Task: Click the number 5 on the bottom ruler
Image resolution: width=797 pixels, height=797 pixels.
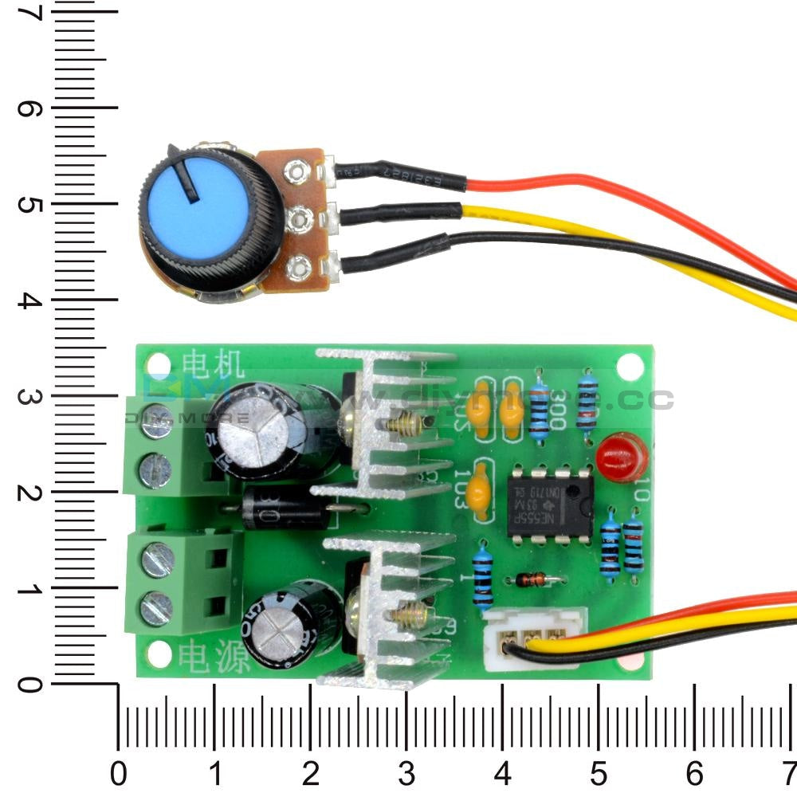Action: [x=599, y=772]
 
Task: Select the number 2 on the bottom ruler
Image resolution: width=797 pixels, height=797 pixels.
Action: [x=311, y=772]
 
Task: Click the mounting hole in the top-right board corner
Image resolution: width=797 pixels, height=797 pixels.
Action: [x=630, y=366]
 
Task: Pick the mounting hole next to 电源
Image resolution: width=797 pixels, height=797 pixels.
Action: [x=159, y=655]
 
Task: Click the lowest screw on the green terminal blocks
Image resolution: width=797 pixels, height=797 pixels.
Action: [x=156, y=610]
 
